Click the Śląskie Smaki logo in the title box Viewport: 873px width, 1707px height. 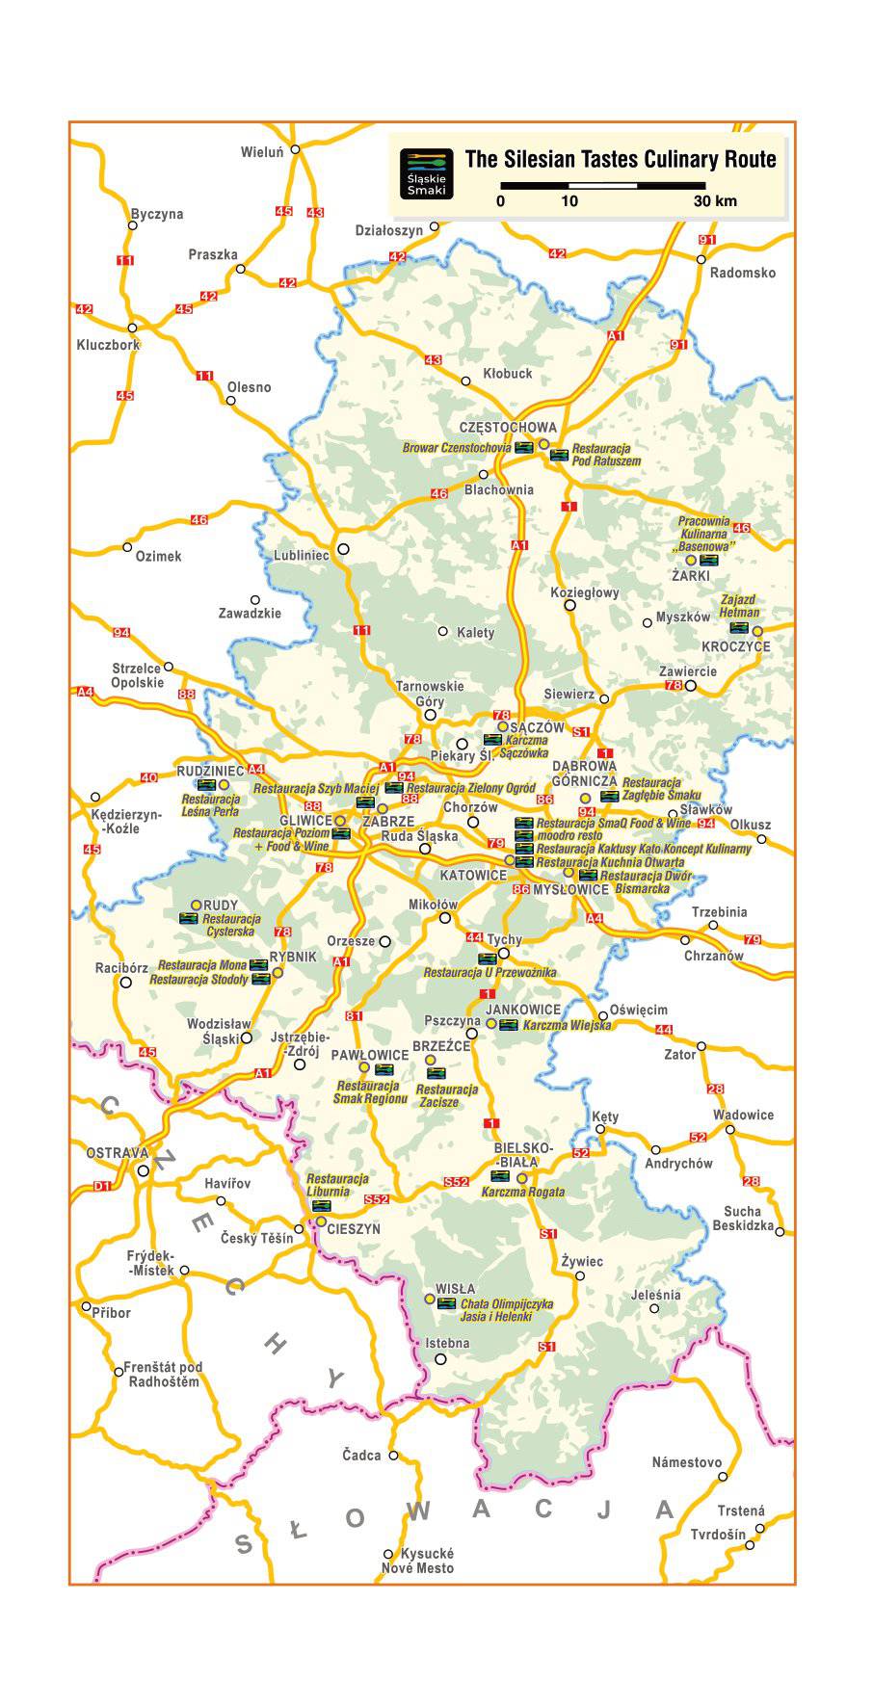coord(426,174)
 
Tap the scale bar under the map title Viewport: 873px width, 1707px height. coord(603,185)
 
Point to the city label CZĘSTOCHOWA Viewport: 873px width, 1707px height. coord(508,427)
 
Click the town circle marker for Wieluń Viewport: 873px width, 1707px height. coord(296,149)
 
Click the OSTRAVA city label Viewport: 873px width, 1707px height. coord(118,1153)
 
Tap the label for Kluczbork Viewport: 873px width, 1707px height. coord(108,344)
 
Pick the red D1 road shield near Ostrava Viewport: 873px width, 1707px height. coord(102,1187)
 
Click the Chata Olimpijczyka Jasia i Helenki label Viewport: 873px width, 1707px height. coord(507,1310)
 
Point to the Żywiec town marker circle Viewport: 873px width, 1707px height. coord(580,1275)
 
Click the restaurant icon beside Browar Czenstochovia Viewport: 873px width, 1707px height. coord(524,448)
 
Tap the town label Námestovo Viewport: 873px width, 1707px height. coord(687,1462)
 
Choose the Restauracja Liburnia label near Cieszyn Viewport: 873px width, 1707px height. coord(337,1184)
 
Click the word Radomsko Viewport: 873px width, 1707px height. coord(742,273)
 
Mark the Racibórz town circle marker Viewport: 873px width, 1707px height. coord(125,983)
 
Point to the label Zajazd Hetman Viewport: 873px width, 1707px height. coord(739,606)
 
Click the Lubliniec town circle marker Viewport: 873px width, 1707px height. coord(342,549)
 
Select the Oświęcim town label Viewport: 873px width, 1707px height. coord(639,1010)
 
